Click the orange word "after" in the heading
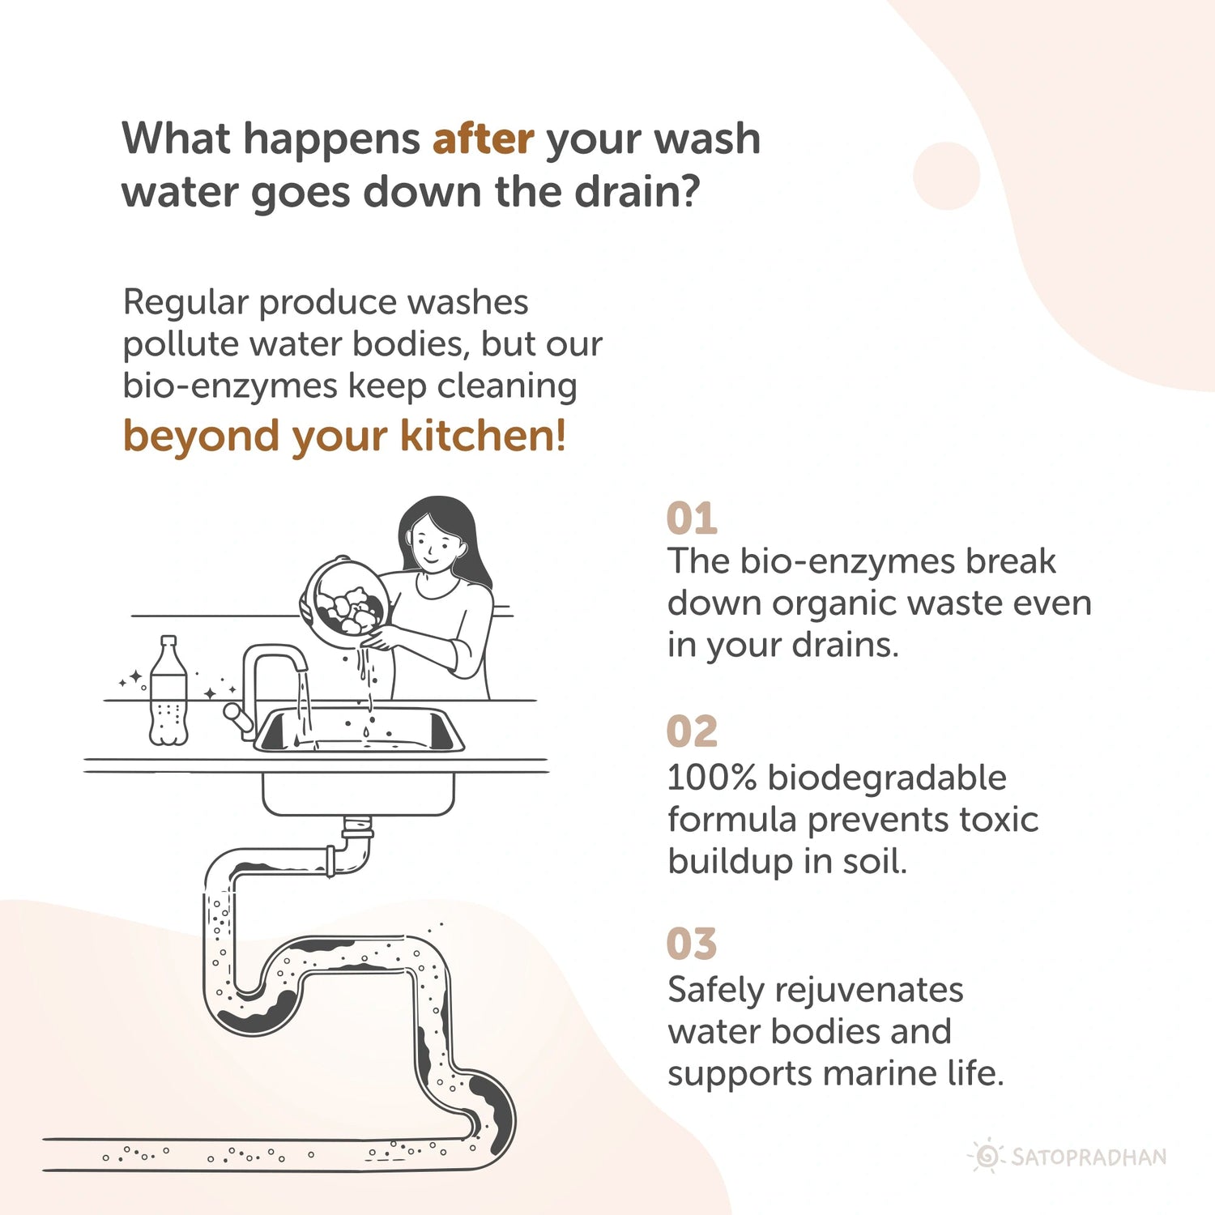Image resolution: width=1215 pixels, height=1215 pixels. click(483, 138)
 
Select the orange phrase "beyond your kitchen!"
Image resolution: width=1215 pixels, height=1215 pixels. click(344, 436)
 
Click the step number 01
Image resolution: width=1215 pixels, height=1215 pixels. click(692, 518)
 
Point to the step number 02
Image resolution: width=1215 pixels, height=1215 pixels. click(692, 731)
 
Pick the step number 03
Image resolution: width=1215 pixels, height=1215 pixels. click(692, 944)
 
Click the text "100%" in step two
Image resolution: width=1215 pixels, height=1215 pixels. click(711, 778)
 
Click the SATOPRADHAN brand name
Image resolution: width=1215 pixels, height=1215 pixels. click(1089, 1157)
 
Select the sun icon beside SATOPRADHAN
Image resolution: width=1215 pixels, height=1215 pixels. click(987, 1156)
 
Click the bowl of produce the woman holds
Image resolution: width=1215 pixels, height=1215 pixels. click(344, 603)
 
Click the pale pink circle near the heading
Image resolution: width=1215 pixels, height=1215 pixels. click(946, 176)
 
